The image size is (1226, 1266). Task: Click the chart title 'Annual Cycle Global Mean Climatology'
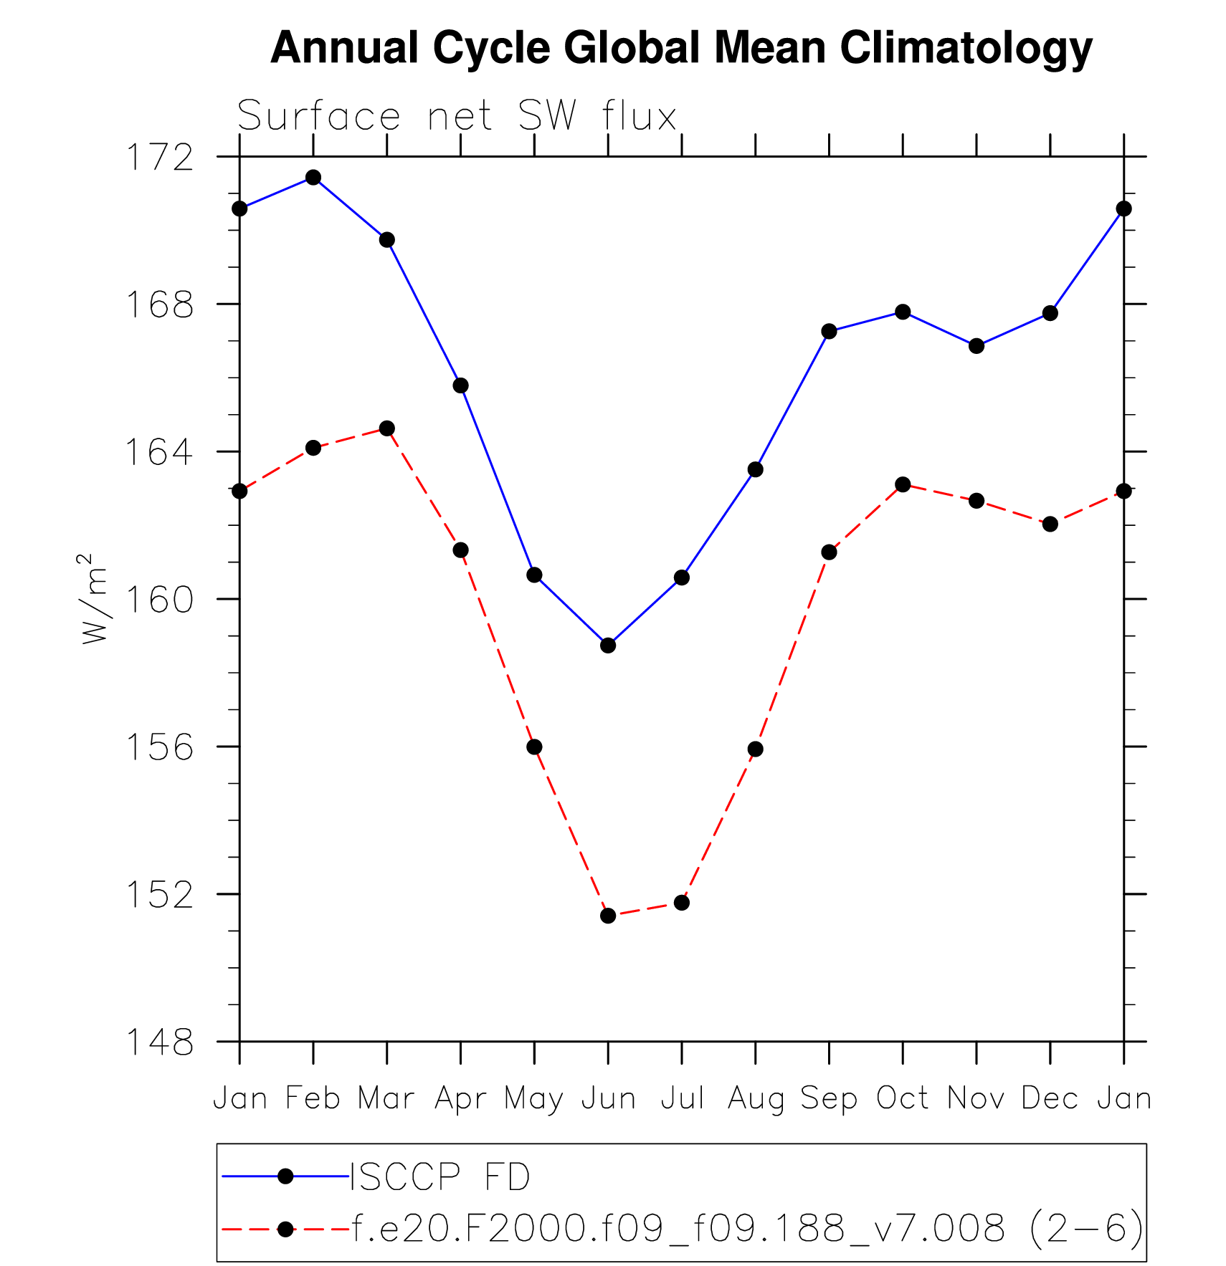(681, 49)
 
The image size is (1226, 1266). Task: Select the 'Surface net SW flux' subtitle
(457, 116)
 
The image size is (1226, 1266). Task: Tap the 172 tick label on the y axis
(160, 158)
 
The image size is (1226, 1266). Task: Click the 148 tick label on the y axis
(160, 1042)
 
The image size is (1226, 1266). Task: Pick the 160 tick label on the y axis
(160, 600)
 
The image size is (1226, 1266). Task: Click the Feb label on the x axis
(313, 1098)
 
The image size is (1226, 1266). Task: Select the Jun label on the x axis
(608, 1098)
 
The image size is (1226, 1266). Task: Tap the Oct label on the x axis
(903, 1098)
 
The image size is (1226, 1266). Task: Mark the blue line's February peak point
(313, 177)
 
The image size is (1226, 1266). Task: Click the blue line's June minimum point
(608, 646)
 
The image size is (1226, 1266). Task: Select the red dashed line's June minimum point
(608, 916)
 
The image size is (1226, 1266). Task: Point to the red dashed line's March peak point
(387, 428)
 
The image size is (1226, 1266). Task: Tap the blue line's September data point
(829, 331)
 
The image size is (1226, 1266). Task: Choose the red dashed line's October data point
(903, 485)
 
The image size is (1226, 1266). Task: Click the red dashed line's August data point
(755, 749)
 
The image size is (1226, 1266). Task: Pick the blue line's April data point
(460, 385)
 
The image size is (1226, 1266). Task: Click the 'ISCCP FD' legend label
(439, 1177)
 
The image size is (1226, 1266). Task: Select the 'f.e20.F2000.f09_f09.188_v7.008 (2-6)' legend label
(746, 1229)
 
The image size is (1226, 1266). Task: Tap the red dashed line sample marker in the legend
(285, 1229)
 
